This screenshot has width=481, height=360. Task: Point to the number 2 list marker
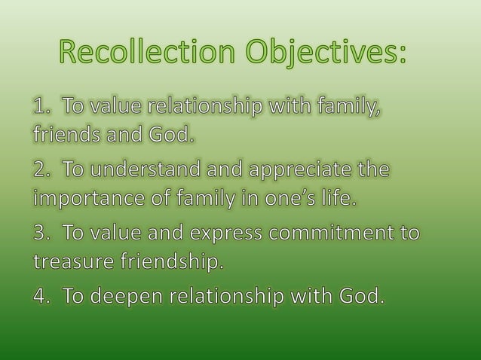[x=40, y=172]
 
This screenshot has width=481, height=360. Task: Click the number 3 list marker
[x=40, y=233]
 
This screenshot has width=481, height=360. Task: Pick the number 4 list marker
[x=40, y=296]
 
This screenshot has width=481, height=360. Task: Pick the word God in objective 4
[x=360, y=296]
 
